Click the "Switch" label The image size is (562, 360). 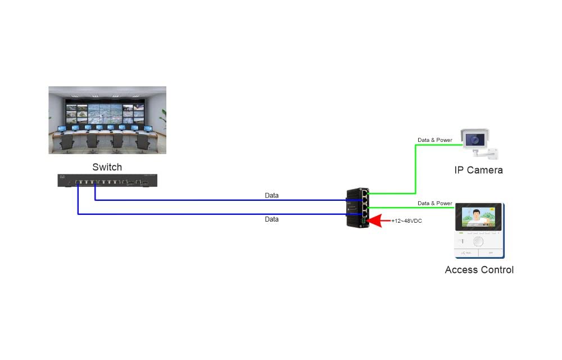click(107, 167)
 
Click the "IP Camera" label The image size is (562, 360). click(478, 170)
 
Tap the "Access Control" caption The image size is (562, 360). click(479, 270)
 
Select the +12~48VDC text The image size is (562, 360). click(406, 221)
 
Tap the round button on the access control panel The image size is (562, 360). click(478, 241)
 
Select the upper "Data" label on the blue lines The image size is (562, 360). click(271, 196)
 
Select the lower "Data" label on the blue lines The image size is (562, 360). click(271, 219)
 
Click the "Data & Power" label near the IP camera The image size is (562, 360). click(434, 140)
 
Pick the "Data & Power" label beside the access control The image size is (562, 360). click(434, 203)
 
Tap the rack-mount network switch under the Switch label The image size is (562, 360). click(107, 181)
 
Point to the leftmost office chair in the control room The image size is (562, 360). click(66, 143)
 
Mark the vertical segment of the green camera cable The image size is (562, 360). click(415, 169)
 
